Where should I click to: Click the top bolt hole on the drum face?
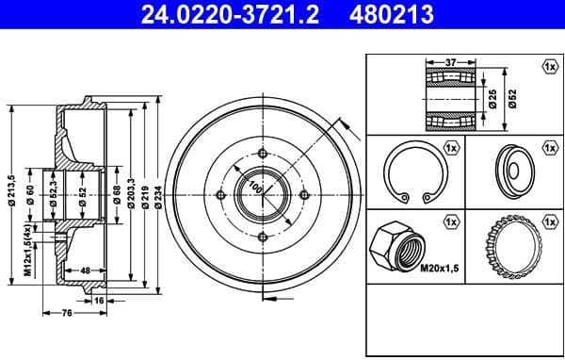(260, 155)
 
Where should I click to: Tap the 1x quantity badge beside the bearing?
(548, 66)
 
